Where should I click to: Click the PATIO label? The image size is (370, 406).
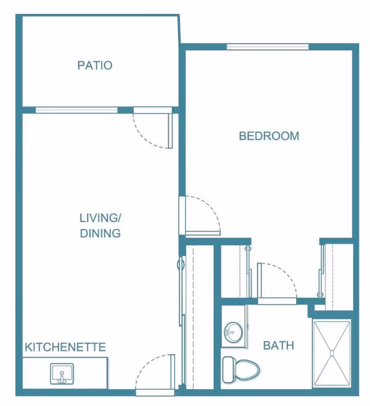[x=95, y=65]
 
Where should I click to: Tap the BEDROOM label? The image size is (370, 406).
[x=269, y=136]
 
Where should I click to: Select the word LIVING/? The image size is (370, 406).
[x=100, y=218]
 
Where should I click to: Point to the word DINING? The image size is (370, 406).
[x=101, y=233]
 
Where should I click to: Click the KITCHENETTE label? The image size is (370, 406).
[x=65, y=347]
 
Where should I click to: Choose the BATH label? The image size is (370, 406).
[x=279, y=345]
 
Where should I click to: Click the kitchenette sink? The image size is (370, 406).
[x=62, y=374]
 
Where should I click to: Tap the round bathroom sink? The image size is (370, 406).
[x=234, y=332]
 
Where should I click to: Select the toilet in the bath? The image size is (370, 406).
[x=241, y=370]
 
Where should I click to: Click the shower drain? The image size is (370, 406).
[x=332, y=353]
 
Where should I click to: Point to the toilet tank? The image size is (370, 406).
[x=228, y=370]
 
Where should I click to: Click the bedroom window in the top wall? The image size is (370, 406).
[x=268, y=47]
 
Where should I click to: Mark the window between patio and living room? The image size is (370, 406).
[x=76, y=110]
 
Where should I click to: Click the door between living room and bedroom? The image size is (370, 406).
[x=199, y=216]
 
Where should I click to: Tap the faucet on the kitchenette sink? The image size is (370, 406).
[x=62, y=377]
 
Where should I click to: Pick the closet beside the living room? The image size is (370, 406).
[x=199, y=317]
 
